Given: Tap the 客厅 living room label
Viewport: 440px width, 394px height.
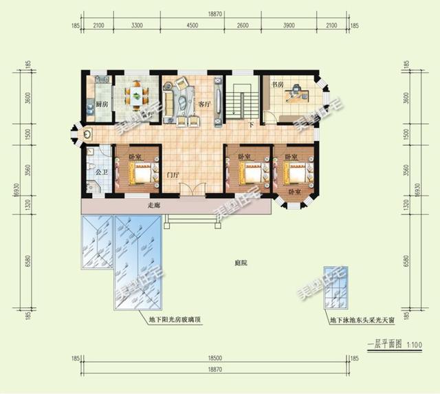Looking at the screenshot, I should [203, 104].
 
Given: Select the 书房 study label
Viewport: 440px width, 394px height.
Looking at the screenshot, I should [277, 85].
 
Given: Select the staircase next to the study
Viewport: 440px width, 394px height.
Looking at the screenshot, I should [240, 100].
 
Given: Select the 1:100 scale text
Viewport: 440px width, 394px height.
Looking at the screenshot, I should [414, 344].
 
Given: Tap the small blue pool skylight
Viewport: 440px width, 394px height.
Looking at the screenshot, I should [338, 288].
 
